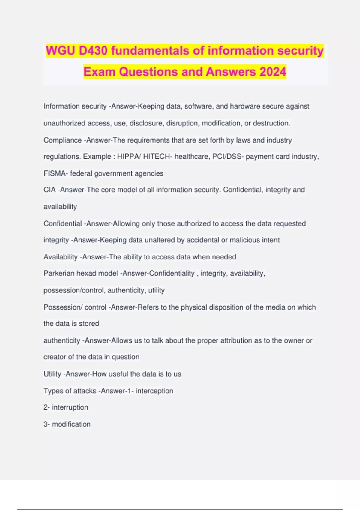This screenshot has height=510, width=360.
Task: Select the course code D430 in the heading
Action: click(93, 51)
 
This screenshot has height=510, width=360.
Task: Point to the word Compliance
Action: click(62, 140)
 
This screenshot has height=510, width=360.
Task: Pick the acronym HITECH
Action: click(156, 157)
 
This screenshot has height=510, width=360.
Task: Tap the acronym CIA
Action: click(49, 190)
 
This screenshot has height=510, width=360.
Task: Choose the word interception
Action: click(154, 391)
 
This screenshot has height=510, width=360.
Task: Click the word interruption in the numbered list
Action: click(70, 407)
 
